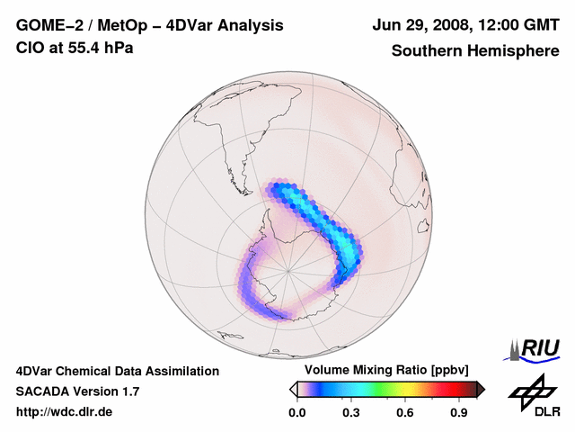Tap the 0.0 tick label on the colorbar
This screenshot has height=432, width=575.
296,413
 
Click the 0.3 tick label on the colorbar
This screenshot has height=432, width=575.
351,413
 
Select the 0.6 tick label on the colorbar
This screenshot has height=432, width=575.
406,413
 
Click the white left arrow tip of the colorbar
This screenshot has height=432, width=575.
292,389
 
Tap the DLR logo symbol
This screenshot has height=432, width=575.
529,391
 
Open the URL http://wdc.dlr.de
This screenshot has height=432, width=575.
65,412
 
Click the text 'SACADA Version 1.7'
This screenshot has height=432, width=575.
77,391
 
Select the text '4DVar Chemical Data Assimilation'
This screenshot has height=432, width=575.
118,371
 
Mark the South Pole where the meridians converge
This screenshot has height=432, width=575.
288,269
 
